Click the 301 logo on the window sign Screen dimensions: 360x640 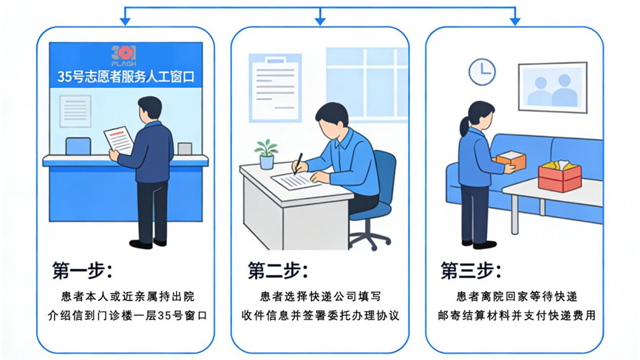124,54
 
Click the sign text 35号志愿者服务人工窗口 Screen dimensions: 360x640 125,75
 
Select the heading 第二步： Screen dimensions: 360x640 277,270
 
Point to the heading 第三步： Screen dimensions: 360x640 471,270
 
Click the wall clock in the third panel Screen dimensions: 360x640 482,72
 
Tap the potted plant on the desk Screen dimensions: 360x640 266,154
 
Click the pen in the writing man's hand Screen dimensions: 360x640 298,163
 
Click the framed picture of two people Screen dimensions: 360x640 553,88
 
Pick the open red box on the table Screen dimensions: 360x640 560,175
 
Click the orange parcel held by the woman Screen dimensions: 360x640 511,160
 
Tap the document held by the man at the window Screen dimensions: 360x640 118,139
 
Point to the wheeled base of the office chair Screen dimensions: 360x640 369,236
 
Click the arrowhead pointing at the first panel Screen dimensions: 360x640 125,20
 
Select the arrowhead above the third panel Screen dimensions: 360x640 514,20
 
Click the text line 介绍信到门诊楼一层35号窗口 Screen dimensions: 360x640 125,316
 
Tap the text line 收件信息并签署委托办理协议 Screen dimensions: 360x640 320,316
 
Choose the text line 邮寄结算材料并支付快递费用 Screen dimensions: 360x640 514,316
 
